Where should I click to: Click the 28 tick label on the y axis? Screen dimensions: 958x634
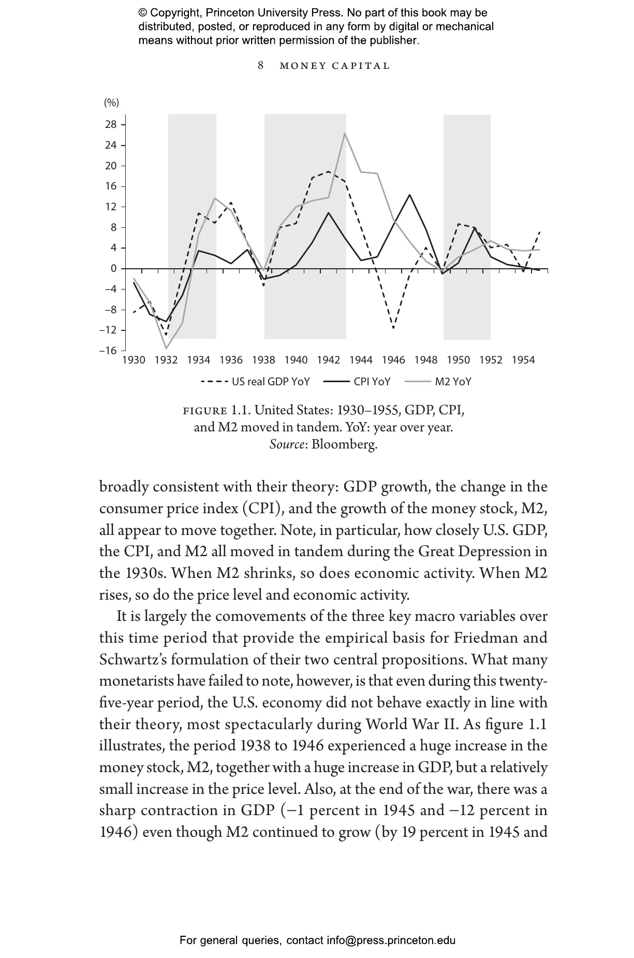[111, 125]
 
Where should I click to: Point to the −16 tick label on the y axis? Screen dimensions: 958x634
[108, 351]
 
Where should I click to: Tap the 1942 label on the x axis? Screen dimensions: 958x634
[328, 360]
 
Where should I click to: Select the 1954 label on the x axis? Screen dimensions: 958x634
[523, 360]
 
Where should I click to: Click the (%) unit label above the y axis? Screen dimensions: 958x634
[111, 103]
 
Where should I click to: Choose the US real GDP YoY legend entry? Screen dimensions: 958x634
[271, 382]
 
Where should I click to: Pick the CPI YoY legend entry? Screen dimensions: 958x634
[372, 382]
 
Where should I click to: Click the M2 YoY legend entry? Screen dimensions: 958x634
[453, 382]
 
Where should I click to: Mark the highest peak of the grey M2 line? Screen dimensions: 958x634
[345, 134]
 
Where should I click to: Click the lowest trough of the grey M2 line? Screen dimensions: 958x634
[166, 348]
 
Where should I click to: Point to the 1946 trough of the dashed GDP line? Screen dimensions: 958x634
[393, 328]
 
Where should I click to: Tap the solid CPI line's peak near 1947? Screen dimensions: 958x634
[409, 195]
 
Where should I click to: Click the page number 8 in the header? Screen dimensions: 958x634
[260, 65]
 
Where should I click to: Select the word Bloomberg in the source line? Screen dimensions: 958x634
[344, 444]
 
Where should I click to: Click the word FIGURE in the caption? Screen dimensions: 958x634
[205, 411]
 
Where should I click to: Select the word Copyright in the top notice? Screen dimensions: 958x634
[173, 13]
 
